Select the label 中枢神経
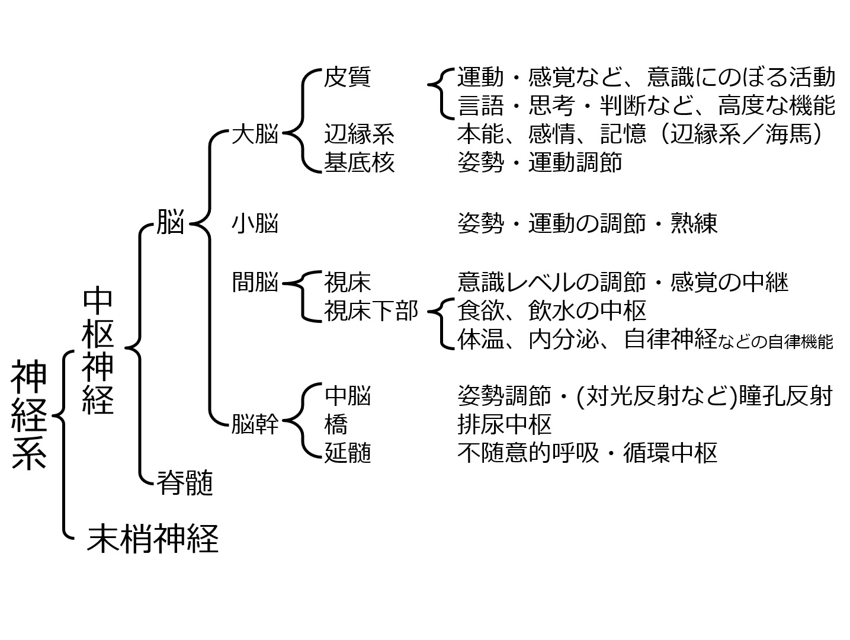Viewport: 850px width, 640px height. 98,351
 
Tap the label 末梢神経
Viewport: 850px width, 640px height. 153,538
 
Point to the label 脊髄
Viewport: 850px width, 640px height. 185,482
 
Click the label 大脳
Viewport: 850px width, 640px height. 255,134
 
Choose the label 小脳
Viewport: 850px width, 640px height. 255,223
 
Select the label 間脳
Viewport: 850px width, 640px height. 255,282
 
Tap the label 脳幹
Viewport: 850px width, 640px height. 255,424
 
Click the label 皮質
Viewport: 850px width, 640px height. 347,77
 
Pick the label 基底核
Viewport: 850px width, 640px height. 359,162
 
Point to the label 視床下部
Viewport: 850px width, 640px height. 371,311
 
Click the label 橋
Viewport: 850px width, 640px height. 336,424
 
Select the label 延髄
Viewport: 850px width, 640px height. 347,452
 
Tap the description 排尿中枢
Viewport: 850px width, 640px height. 504,424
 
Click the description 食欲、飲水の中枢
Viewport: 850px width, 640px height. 551,311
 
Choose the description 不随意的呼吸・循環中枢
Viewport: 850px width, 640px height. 587,452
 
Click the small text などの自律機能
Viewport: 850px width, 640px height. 775,342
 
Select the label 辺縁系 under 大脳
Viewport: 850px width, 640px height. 359,134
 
